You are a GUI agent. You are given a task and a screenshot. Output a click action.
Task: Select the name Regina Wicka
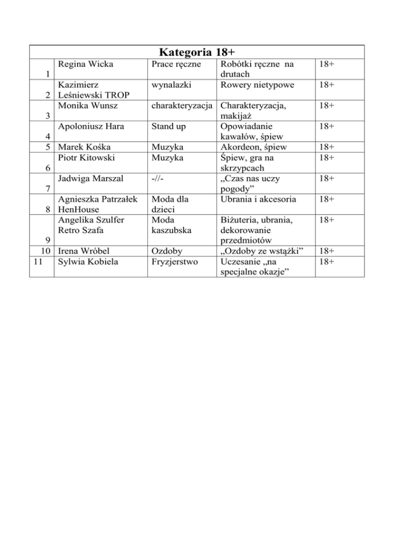point(85,65)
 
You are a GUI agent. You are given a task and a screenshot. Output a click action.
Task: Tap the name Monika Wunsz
point(86,106)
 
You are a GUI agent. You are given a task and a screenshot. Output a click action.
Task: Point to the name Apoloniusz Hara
point(89,126)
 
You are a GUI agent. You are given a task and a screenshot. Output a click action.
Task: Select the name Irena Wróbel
point(84,250)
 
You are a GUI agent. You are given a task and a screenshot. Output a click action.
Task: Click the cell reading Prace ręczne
point(173,65)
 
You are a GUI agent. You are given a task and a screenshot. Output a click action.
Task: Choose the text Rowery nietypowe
point(255,85)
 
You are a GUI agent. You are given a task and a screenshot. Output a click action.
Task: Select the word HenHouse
point(79,209)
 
